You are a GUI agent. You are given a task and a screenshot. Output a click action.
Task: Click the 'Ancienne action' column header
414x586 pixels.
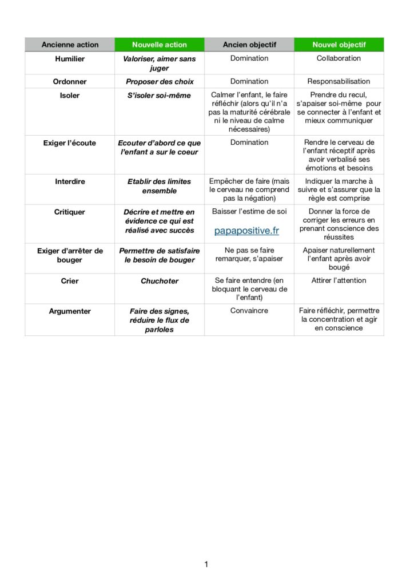(70, 45)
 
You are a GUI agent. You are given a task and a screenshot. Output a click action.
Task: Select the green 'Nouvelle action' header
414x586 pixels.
(160, 45)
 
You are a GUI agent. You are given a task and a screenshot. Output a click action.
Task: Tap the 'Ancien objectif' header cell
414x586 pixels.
(249, 45)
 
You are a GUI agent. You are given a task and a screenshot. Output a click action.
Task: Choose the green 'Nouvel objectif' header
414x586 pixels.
(339, 45)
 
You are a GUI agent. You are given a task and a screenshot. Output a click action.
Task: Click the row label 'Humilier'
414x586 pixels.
(70, 59)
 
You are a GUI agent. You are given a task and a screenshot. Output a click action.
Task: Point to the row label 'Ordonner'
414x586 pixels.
(70, 82)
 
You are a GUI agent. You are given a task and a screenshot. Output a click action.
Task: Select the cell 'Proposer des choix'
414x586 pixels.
(160, 82)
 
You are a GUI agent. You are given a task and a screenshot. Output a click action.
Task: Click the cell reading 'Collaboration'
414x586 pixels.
(339, 58)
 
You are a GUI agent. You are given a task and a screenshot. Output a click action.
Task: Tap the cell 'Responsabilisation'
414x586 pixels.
(339, 81)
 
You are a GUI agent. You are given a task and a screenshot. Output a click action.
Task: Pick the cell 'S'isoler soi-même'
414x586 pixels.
(160, 96)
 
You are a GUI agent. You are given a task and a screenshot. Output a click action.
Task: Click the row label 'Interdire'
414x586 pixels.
(70, 181)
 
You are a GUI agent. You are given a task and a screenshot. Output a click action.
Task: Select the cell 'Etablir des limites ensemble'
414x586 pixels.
(160, 186)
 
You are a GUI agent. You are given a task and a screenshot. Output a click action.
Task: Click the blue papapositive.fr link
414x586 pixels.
(247, 231)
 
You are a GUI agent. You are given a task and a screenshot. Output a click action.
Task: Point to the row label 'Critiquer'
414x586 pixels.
(70, 212)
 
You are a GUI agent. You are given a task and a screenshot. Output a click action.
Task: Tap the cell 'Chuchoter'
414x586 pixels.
(160, 281)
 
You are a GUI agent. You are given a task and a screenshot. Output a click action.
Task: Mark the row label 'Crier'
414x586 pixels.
(70, 281)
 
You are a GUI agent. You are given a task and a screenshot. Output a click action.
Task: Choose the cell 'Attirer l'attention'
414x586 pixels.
(339, 280)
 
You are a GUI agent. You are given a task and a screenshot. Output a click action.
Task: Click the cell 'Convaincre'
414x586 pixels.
(249, 311)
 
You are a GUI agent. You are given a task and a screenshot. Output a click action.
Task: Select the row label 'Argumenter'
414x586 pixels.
(70, 311)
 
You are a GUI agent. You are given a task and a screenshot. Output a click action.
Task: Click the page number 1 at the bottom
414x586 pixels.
(206, 565)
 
